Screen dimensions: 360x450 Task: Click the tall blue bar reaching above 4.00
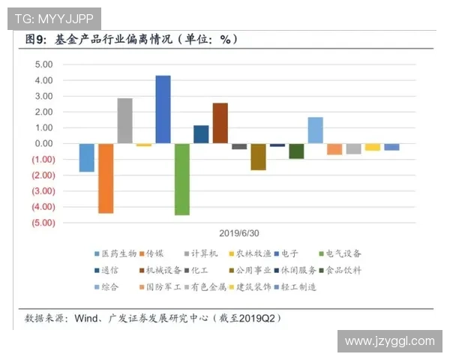[163, 109]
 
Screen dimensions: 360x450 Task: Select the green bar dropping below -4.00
[181, 179]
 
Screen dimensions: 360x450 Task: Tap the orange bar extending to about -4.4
[106, 178]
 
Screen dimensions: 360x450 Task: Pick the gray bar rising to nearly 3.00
[124, 121]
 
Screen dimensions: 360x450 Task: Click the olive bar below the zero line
[258, 157]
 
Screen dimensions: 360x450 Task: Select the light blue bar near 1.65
[315, 130]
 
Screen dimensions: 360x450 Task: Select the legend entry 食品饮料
[345, 270]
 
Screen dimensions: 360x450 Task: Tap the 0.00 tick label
[43, 143]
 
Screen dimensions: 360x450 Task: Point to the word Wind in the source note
[87, 319]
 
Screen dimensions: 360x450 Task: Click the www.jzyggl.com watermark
[389, 341]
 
